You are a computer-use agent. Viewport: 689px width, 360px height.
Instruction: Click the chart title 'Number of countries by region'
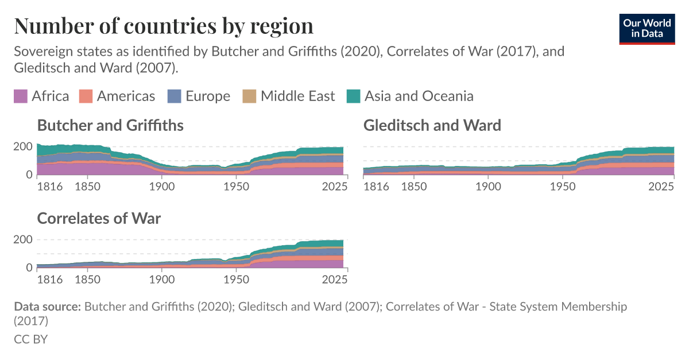pos(164,26)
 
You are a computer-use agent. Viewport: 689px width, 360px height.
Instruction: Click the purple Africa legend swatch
pos(21,96)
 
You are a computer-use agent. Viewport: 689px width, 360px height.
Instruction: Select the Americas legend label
pos(126,96)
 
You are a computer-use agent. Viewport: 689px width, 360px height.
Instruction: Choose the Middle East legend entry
pos(297,96)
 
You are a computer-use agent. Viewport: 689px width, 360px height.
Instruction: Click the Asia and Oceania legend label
pos(419,96)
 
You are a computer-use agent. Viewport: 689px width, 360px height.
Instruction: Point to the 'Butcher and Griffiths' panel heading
pos(110,125)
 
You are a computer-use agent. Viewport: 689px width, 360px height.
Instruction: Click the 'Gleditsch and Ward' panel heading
pos(432,125)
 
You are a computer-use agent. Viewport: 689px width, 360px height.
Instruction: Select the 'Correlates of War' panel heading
pos(99,218)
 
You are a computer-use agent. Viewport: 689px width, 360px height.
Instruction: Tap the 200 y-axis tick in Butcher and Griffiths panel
pos(22,146)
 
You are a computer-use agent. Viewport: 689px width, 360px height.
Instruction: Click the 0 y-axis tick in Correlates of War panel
pos(28,268)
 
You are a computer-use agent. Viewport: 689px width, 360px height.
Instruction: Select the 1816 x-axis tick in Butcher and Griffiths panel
pos(49,187)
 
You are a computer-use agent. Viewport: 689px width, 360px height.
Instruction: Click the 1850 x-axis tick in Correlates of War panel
pos(86,280)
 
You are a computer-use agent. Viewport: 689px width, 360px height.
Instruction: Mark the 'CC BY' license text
pos(30,339)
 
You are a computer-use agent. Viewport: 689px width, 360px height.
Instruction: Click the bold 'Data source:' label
pos(47,307)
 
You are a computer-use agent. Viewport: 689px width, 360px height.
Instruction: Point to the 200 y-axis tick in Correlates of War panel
pos(22,239)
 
